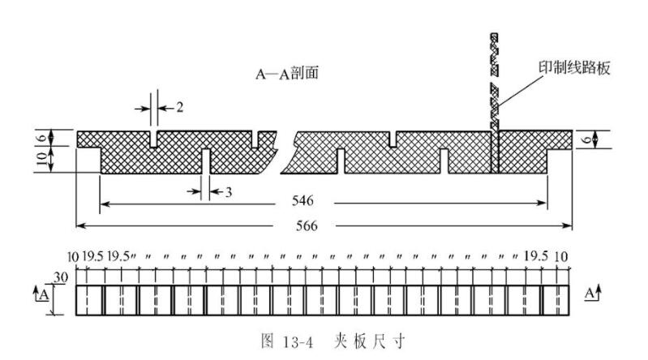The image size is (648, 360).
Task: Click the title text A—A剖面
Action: pos(285,74)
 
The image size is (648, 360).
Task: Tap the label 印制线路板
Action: pos(573,69)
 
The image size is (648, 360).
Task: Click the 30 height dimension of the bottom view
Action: pos(60,277)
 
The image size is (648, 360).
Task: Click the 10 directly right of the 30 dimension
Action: pos(73,257)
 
